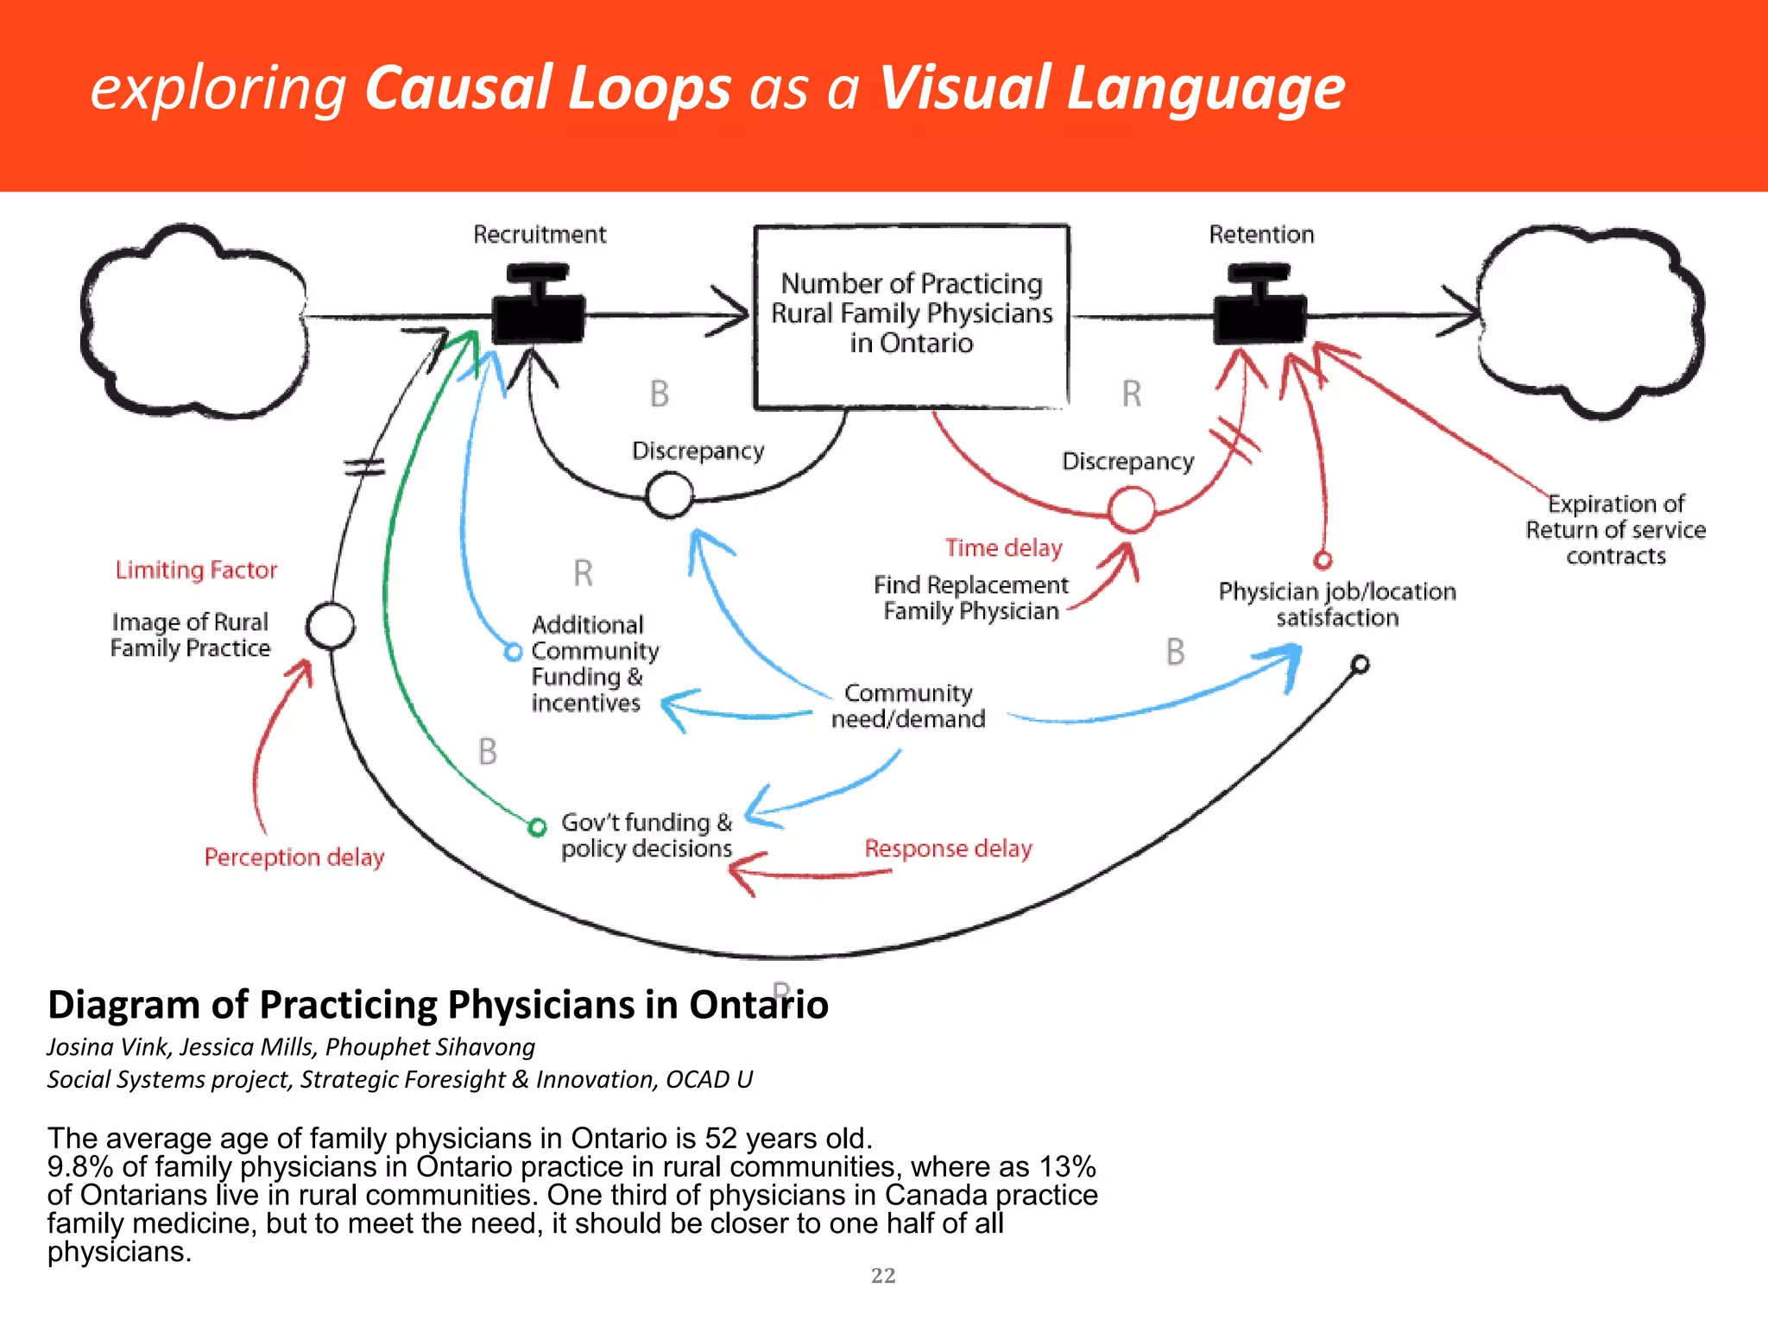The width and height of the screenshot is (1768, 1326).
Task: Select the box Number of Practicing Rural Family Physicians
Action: (912, 316)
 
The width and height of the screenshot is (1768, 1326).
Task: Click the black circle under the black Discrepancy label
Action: (670, 496)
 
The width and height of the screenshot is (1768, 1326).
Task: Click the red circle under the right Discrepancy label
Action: (1131, 509)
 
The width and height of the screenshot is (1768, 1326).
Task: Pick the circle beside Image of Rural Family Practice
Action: (331, 626)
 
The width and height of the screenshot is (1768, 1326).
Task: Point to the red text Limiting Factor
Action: (196, 571)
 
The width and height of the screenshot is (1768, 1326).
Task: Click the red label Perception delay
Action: (294, 857)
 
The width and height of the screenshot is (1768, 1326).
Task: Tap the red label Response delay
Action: (948, 849)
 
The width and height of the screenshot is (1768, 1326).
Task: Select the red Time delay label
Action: (1003, 548)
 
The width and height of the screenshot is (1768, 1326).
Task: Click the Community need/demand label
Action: (908, 706)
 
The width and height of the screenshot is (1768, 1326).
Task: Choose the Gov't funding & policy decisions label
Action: (647, 836)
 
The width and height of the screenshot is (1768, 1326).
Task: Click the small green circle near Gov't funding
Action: (537, 827)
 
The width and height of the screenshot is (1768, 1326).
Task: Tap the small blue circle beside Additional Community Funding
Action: (513, 652)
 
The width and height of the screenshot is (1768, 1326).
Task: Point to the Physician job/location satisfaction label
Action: (1336, 604)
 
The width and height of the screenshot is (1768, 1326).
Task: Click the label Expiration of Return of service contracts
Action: (1615, 530)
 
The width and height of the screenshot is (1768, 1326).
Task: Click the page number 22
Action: (883, 1275)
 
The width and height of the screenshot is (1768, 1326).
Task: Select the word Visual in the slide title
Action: (963, 89)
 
